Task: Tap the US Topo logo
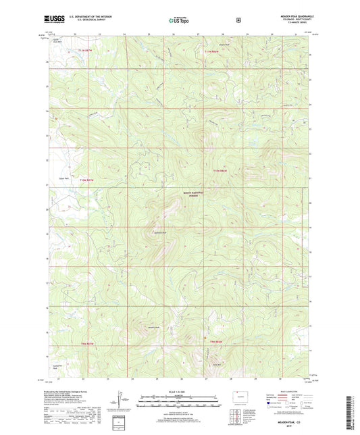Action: pos(179,21)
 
